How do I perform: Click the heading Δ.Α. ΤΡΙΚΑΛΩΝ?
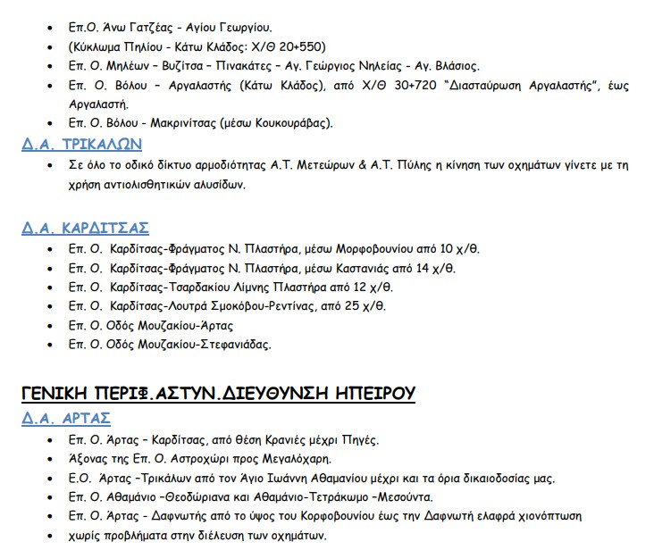click(x=81, y=144)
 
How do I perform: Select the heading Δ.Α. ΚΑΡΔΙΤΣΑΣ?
click(x=85, y=227)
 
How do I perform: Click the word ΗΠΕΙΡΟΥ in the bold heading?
click(x=365, y=392)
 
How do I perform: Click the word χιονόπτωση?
click(x=549, y=516)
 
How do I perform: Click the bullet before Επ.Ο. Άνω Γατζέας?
click(x=49, y=28)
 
